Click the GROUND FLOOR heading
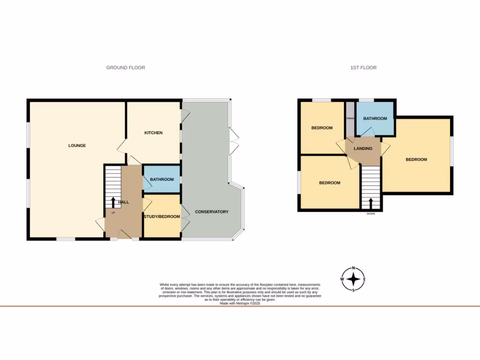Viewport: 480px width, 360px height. click(x=125, y=67)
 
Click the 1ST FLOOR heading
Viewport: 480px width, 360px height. click(x=363, y=67)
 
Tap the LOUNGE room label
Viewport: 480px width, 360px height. click(x=77, y=145)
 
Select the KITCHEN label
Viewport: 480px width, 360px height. click(x=153, y=133)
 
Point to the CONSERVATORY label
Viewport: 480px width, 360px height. click(x=211, y=212)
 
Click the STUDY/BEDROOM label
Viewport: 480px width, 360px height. click(x=162, y=217)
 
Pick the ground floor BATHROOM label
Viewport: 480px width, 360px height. click(x=162, y=180)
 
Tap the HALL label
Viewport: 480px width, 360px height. click(x=124, y=202)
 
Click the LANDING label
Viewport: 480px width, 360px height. click(x=363, y=149)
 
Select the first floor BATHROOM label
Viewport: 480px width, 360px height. click(x=375, y=119)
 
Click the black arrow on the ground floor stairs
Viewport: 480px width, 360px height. click(x=113, y=202)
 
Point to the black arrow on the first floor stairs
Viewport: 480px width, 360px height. click(x=371, y=203)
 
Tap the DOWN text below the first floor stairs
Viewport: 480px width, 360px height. click(x=371, y=213)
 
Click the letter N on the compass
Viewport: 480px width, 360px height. click(x=354, y=269)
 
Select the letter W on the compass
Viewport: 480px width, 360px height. click(x=342, y=280)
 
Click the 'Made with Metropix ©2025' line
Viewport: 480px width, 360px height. click(x=240, y=303)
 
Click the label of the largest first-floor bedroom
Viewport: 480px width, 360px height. click(x=416, y=159)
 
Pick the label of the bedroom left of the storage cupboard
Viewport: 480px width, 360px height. click(x=322, y=128)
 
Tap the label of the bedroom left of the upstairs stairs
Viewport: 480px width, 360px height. click(x=330, y=183)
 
